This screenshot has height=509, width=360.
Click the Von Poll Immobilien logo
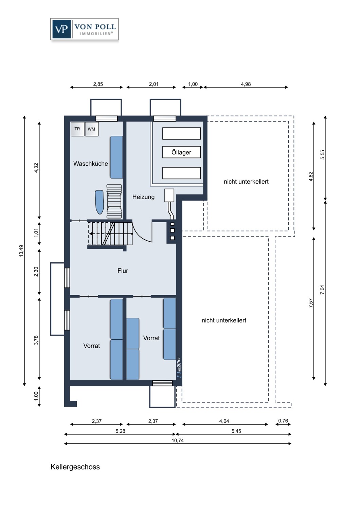point(85,30)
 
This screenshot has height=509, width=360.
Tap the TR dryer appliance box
point(77,129)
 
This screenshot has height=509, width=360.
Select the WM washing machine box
point(92,129)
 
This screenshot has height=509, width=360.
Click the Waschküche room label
point(91,164)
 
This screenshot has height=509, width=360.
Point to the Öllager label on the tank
point(181,152)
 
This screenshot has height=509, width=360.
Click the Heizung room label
point(143,197)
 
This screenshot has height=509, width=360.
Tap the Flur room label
point(123,270)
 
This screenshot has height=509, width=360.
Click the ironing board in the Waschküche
point(99,202)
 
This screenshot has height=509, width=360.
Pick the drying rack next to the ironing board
point(114,201)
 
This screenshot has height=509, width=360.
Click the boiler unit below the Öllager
point(169,196)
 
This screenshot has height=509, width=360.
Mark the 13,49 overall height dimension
point(21,250)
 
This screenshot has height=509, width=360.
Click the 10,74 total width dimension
point(178,440)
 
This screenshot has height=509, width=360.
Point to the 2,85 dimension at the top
point(98,84)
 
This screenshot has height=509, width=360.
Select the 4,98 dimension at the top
point(246,84)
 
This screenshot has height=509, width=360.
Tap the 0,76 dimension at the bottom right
point(283,421)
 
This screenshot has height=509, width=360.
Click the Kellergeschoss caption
point(75,467)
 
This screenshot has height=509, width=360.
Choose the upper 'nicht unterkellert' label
point(246,182)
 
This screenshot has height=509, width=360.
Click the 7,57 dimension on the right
point(310,303)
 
